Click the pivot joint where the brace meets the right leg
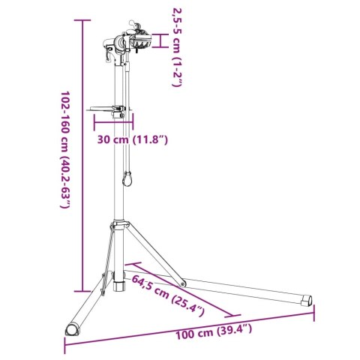click(x=181, y=283)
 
